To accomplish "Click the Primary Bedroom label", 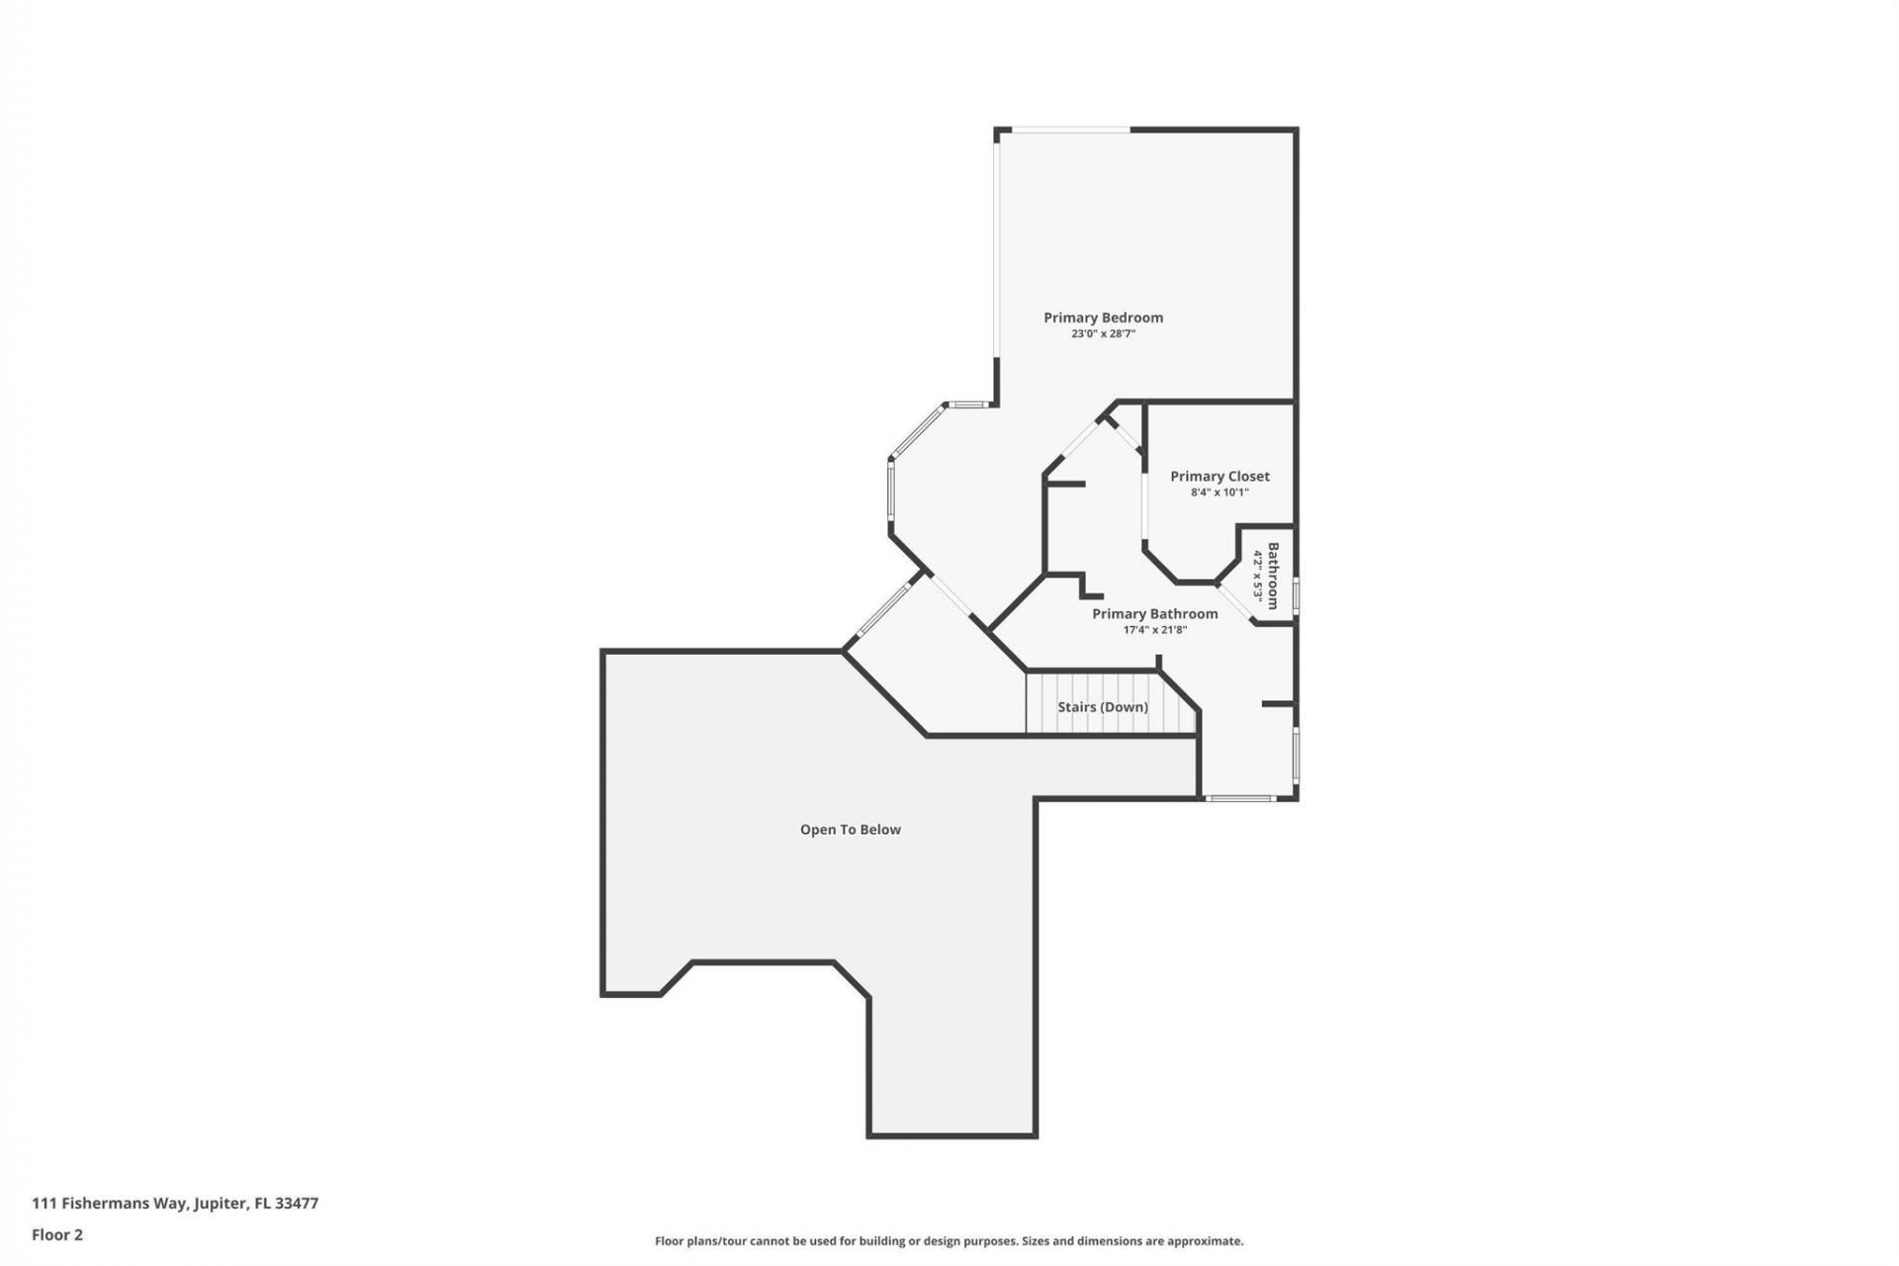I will pos(1103,317).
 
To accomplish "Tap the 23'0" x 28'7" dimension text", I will pos(1103,334).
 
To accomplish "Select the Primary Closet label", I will pos(1220,476).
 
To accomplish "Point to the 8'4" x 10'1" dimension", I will pos(1220,493).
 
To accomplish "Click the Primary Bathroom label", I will pos(1154,614).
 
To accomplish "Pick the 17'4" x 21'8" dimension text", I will pos(1154,630).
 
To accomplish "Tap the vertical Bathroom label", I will pos(1274,576).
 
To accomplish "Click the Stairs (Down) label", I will pos(1103,707).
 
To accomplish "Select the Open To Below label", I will pos(850,830).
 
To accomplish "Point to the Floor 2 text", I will pos(57,1234).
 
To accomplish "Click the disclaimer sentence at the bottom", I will pos(949,1240).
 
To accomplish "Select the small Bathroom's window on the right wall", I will pos(1296,596).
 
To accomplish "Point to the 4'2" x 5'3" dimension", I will pos(1258,576).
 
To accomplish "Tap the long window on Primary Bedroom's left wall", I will pos(997,247).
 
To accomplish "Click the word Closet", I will pos(1248,476).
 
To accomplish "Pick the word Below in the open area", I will pos(879,830).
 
